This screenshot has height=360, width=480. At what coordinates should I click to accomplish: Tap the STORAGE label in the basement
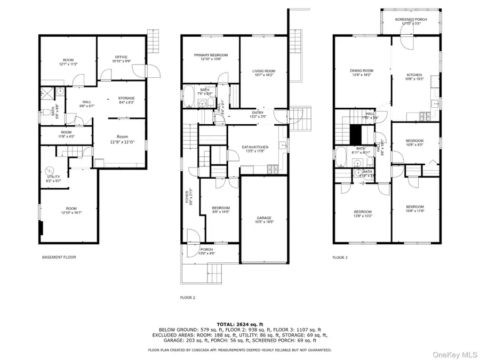[x=126, y=98]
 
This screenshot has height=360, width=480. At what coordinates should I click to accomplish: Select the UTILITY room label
[x=54, y=177]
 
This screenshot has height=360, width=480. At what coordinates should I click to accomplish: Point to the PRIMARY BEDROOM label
[x=211, y=55]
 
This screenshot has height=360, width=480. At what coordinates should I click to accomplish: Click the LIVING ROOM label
[x=263, y=71]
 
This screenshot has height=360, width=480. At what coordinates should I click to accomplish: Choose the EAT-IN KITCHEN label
[x=255, y=147]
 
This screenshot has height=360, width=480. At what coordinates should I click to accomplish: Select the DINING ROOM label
[x=362, y=70]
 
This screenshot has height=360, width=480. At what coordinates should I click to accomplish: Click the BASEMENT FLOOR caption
[x=59, y=257]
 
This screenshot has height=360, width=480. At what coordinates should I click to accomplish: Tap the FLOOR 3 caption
[x=340, y=257]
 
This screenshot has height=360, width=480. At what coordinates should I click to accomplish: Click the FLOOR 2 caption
[x=188, y=298]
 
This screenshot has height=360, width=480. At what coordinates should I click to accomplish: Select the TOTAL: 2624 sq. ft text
[x=239, y=324]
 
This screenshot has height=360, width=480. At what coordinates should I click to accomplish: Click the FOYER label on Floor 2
[x=188, y=196]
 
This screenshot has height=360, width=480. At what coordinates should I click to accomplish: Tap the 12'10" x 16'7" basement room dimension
[x=71, y=212]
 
